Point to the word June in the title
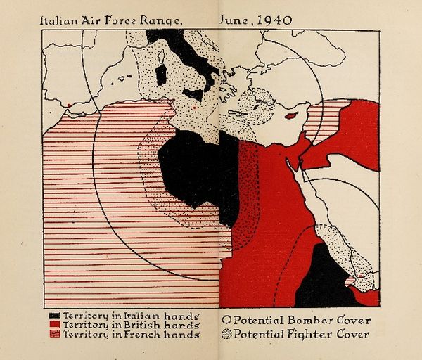click(x=236, y=21)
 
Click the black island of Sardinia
click(x=161, y=75)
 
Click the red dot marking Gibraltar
click(x=68, y=107)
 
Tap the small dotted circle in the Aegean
click(x=255, y=106)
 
